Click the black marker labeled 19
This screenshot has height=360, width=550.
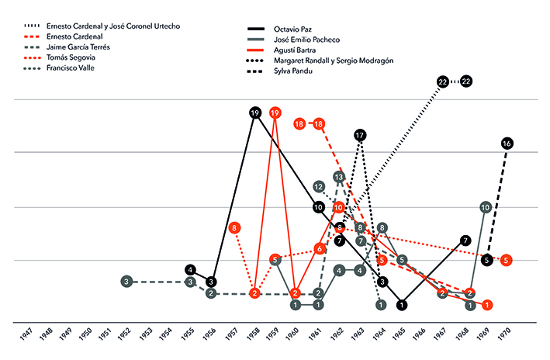coord(254,113)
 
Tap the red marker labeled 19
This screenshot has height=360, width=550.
coord(275,113)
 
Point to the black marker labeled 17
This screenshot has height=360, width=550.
coord(359,136)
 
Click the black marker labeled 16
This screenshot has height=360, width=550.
coord(507,144)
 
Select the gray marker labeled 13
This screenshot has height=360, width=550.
coord(339,177)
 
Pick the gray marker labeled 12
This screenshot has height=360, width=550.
coord(319,187)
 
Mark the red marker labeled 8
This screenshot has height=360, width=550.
coord(234,228)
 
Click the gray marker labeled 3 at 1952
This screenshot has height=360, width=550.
coord(126,281)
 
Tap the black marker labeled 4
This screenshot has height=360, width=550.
coord(191,270)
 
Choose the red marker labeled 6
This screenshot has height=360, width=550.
coord(319,248)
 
